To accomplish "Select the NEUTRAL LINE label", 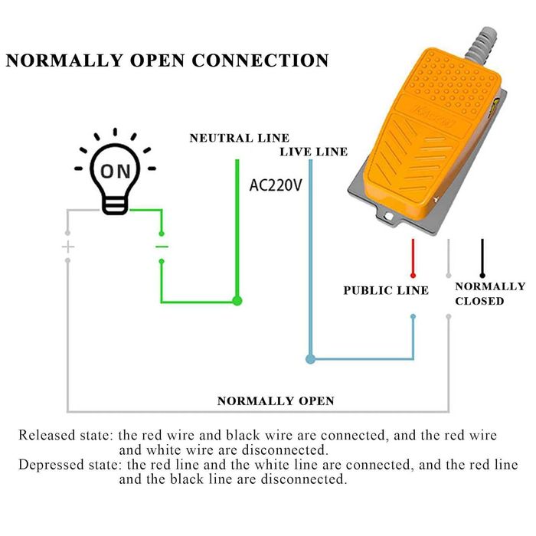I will click(239, 138).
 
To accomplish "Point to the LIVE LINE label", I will click(313, 152).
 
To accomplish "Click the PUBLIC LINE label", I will click(385, 290).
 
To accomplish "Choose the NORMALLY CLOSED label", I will click(490, 293).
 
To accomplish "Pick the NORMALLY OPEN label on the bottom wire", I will click(276, 400).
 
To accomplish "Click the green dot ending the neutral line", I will click(237, 301).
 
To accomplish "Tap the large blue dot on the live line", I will click(310, 358).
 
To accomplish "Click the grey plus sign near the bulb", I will click(68, 247).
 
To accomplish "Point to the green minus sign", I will click(162, 247).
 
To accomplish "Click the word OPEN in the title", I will click(158, 60).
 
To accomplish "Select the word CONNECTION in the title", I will click(260, 60).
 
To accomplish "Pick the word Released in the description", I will click(47, 436).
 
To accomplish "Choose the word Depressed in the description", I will click(50, 466).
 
